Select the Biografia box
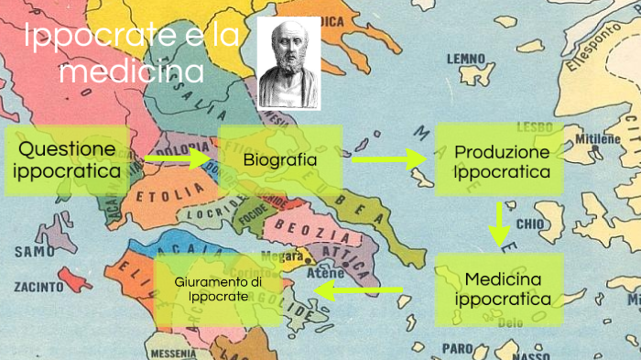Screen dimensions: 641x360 click(x=280, y=160)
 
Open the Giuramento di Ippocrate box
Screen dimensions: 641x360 click(x=218, y=289)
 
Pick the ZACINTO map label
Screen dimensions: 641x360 click(x=38, y=287)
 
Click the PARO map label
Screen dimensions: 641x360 click(x=458, y=347)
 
